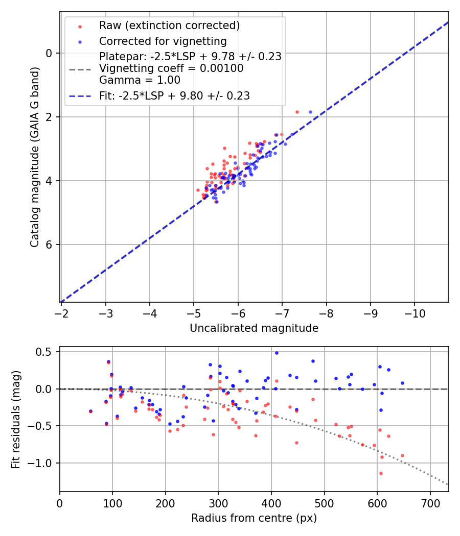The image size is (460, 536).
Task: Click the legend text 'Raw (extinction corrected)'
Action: point(169,26)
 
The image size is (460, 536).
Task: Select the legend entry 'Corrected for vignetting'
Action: point(163,41)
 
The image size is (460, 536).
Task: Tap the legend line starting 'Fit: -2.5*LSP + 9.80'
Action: point(174,95)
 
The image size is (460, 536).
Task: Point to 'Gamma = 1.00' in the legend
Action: point(140,80)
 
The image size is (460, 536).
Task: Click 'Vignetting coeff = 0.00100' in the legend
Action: point(171,68)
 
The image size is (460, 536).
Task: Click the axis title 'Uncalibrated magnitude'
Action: point(254,328)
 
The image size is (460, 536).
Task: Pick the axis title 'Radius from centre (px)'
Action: point(254,518)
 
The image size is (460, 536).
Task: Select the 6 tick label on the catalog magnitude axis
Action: point(50,245)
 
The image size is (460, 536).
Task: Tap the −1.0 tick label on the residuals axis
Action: point(43,463)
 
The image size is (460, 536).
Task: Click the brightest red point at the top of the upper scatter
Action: point(297,112)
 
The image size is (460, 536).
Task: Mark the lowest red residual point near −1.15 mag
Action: point(381,473)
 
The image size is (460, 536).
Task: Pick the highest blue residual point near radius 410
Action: point(277,353)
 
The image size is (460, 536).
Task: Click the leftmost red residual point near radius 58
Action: point(90,411)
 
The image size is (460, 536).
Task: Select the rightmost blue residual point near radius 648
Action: point(402,383)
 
